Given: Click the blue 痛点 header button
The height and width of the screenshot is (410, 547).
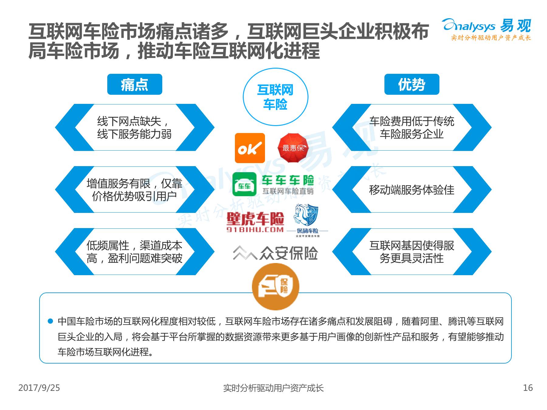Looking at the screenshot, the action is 135,84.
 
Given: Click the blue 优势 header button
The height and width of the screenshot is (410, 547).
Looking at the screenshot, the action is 411,84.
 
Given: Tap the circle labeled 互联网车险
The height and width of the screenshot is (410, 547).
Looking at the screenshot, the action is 275,97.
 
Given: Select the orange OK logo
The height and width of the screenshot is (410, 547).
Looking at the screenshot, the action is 250,148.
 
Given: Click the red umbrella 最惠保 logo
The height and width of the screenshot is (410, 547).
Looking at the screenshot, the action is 293,148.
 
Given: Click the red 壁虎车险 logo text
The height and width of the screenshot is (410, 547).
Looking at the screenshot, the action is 255,219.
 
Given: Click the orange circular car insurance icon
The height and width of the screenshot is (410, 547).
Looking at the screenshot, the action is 275,287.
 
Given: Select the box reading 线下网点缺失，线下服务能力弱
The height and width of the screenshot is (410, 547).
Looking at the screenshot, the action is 135,128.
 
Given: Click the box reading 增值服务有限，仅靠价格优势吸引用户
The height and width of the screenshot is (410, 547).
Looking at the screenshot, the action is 135,190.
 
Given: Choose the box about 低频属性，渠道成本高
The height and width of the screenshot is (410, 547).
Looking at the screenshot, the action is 135,252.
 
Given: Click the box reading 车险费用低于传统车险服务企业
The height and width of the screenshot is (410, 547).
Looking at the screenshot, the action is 411,128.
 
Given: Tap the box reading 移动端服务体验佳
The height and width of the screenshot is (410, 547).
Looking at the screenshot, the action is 411,190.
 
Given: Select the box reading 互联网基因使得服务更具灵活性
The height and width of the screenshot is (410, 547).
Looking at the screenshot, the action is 411,252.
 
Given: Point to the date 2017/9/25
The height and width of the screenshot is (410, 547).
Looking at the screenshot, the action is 39,388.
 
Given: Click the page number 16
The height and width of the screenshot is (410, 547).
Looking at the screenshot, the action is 528,388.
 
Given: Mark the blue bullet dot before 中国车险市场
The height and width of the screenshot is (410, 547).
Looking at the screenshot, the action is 50,321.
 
